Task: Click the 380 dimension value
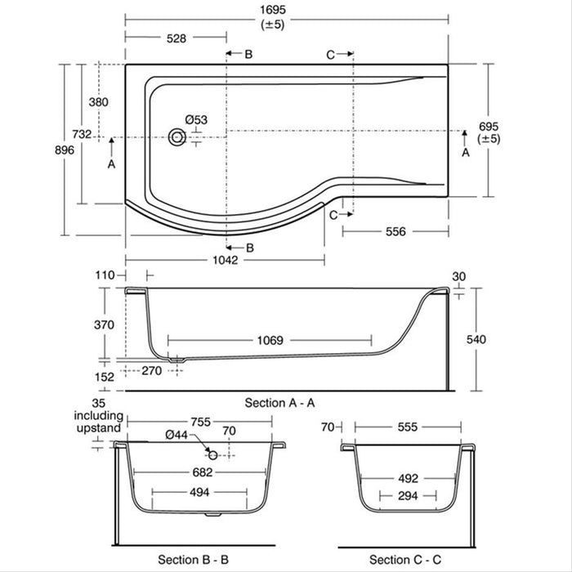98,102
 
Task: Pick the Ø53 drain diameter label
196,119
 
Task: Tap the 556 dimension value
395,231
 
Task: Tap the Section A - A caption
279,403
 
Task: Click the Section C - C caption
403,559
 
